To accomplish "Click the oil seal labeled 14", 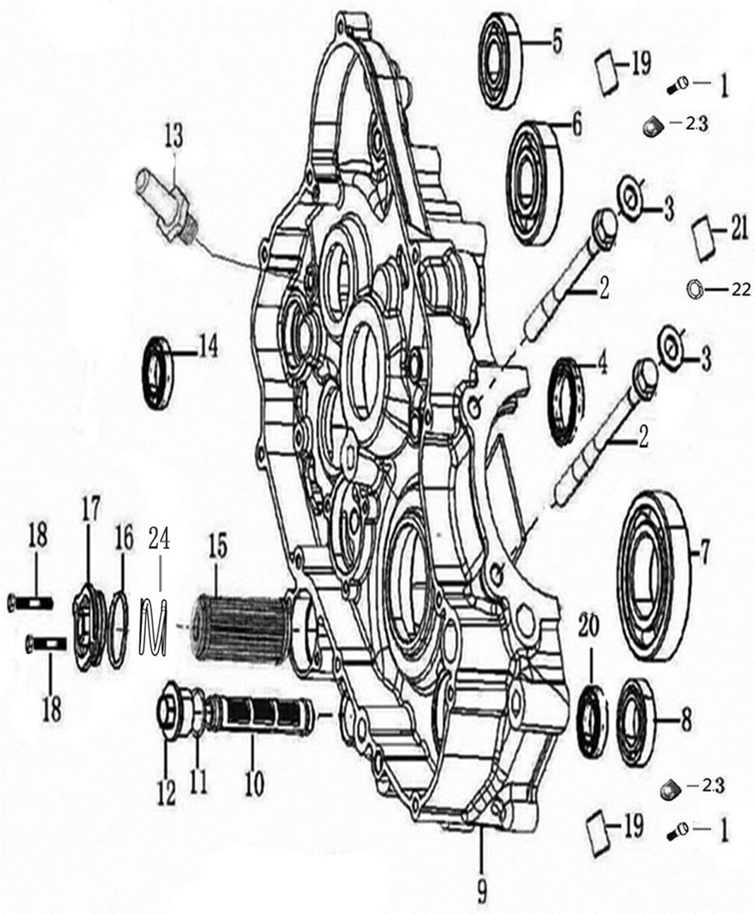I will tap(158, 373).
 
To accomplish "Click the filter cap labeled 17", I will tap(88, 625).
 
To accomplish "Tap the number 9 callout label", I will tap(482, 893).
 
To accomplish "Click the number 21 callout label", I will tap(738, 231).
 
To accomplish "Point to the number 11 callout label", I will tap(198, 781).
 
